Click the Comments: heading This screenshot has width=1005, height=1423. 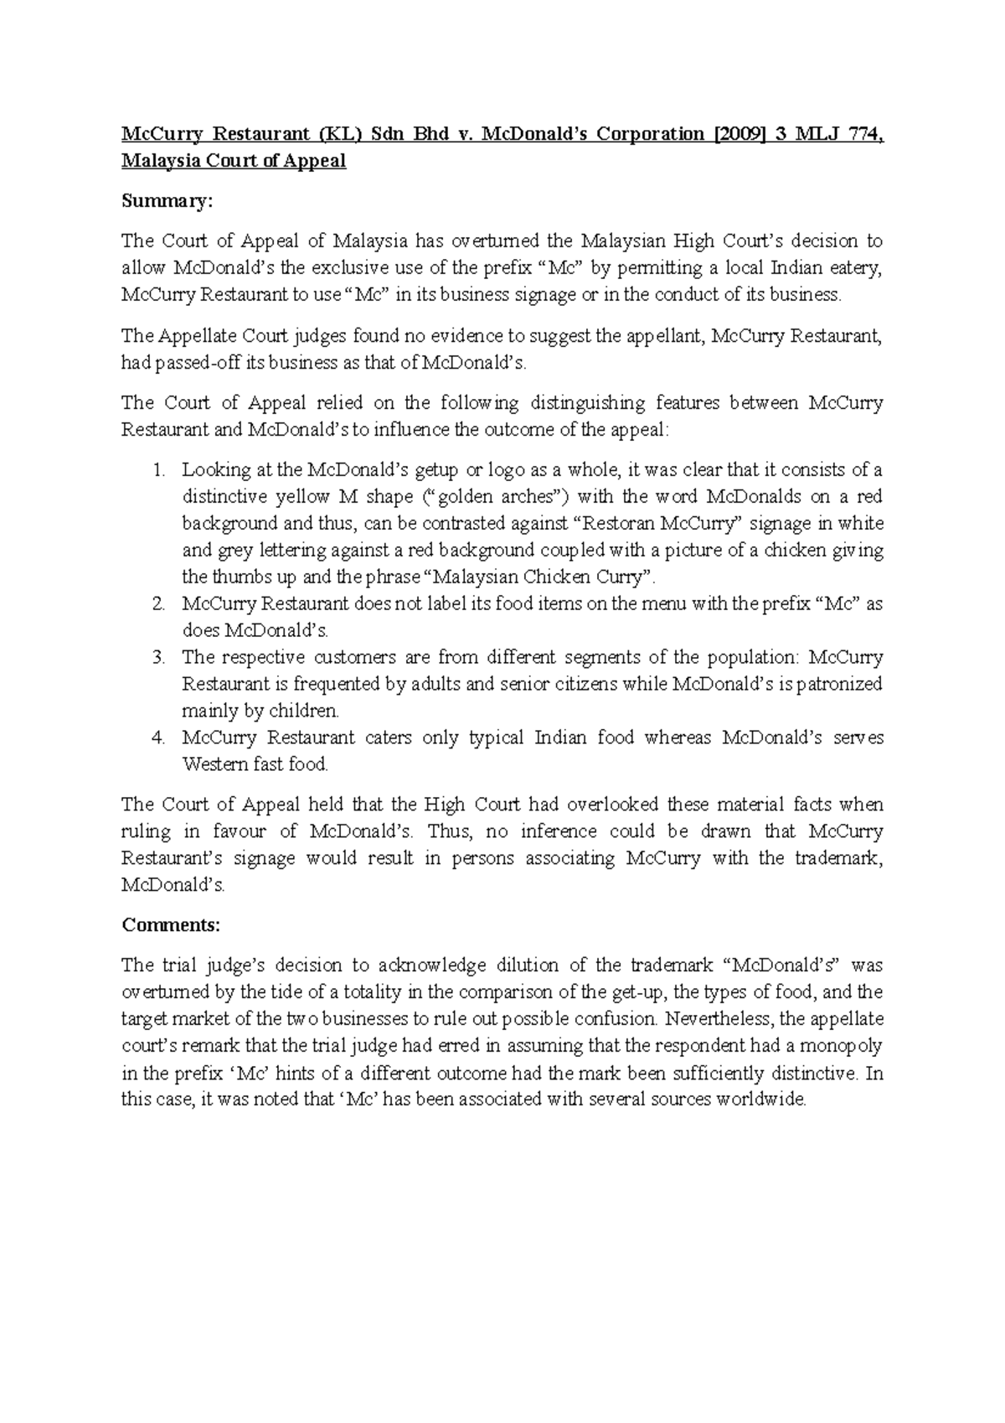click(x=171, y=925)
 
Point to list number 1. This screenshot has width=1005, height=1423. click(x=160, y=470)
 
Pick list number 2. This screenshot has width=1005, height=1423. click(x=159, y=604)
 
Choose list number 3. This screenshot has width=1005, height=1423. click(x=159, y=658)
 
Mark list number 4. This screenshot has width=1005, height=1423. click(x=159, y=738)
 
